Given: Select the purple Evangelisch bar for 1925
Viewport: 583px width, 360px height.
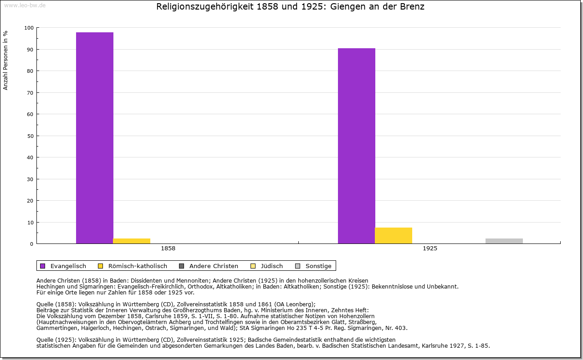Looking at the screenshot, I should pyautogui.click(x=357, y=146).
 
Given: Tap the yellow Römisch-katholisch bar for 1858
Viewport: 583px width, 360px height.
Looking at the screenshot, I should pyautogui.click(x=132, y=241).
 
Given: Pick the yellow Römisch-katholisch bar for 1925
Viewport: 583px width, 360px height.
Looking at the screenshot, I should pyautogui.click(x=394, y=235).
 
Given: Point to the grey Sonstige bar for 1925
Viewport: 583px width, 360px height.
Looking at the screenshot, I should pyautogui.click(x=504, y=241).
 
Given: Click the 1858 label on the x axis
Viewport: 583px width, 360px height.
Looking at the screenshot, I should pyautogui.click(x=168, y=249).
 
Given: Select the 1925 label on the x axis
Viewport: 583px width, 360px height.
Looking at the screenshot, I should pyautogui.click(x=430, y=249).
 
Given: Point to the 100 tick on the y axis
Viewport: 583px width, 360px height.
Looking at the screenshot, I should pyautogui.click(x=29, y=28).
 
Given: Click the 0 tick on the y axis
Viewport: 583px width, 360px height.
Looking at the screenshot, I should pyautogui.click(x=32, y=244).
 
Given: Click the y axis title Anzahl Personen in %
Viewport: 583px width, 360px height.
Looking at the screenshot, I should pyautogui.click(x=6, y=60).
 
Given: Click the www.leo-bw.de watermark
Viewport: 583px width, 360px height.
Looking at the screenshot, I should pyautogui.click(x=24, y=5).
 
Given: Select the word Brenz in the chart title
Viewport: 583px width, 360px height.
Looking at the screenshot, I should pyautogui.click(x=413, y=7).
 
